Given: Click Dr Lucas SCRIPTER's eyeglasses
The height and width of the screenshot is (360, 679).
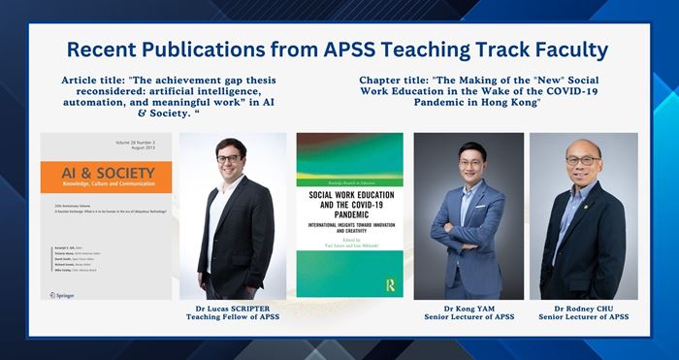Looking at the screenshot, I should tap(229, 162).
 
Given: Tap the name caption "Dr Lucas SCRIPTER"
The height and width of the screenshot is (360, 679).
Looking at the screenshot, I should tap(233, 308).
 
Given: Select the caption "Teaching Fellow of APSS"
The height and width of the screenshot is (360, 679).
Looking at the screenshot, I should tap(233, 317).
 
